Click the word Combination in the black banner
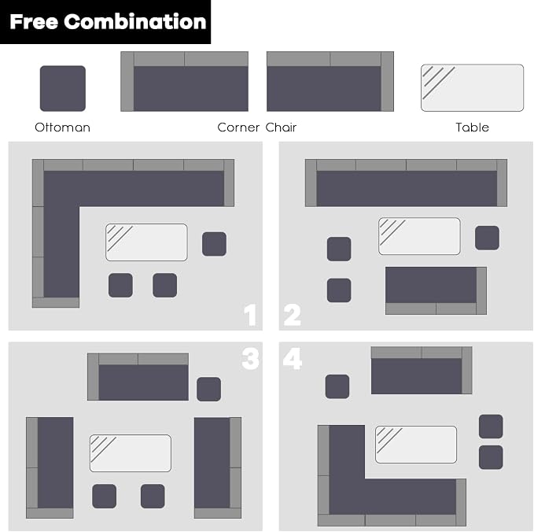click(x=134, y=21)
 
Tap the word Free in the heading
click(x=34, y=21)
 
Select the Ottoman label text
click(x=63, y=127)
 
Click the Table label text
click(x=473, y=127)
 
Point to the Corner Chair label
click(x=257, y=127)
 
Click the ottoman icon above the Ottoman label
click(x=63, y=89)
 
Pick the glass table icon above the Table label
click(x=473, y=88)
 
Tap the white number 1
click(x=250, y=315)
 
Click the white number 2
click(x=293, y=315)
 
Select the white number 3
click(x=250, y=358)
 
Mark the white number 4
click(x=293, y=358)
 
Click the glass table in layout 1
click(x=146, y=242)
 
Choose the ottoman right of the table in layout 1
click(x=214, y=244)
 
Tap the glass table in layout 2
click(x=420, y=236)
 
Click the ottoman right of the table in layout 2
click(x=488, y=238)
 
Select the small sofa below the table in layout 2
click(x=436, y=290)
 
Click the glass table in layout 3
click(x=131, y=453)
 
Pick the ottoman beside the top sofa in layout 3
click(x=208, y=389)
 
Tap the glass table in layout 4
click(x=416, y=445)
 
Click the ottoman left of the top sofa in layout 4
click(x=337, y=386)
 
